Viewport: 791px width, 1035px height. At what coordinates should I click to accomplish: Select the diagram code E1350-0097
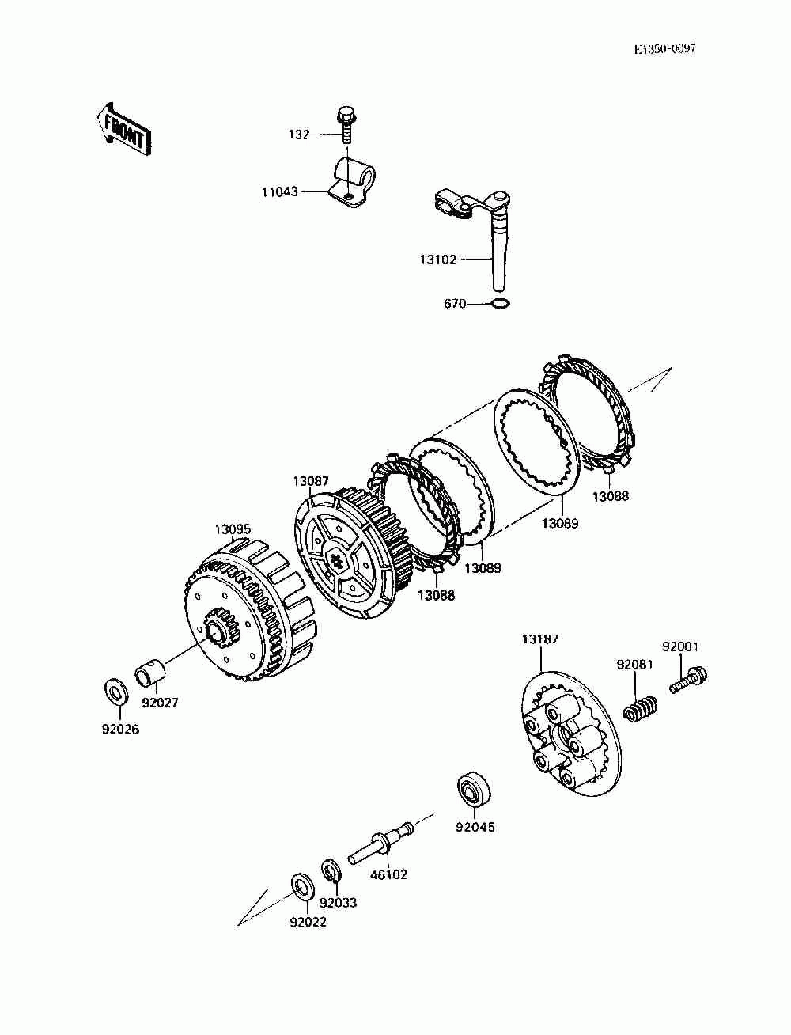664,49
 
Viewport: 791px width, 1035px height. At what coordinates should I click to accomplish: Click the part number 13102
437,259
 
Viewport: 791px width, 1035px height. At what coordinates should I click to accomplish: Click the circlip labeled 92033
331,870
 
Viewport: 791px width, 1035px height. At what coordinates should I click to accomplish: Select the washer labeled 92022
301,885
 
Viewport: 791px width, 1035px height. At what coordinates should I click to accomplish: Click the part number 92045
475,828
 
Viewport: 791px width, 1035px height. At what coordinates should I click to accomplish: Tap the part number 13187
539,639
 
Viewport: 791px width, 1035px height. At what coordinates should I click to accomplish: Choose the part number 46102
388,875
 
